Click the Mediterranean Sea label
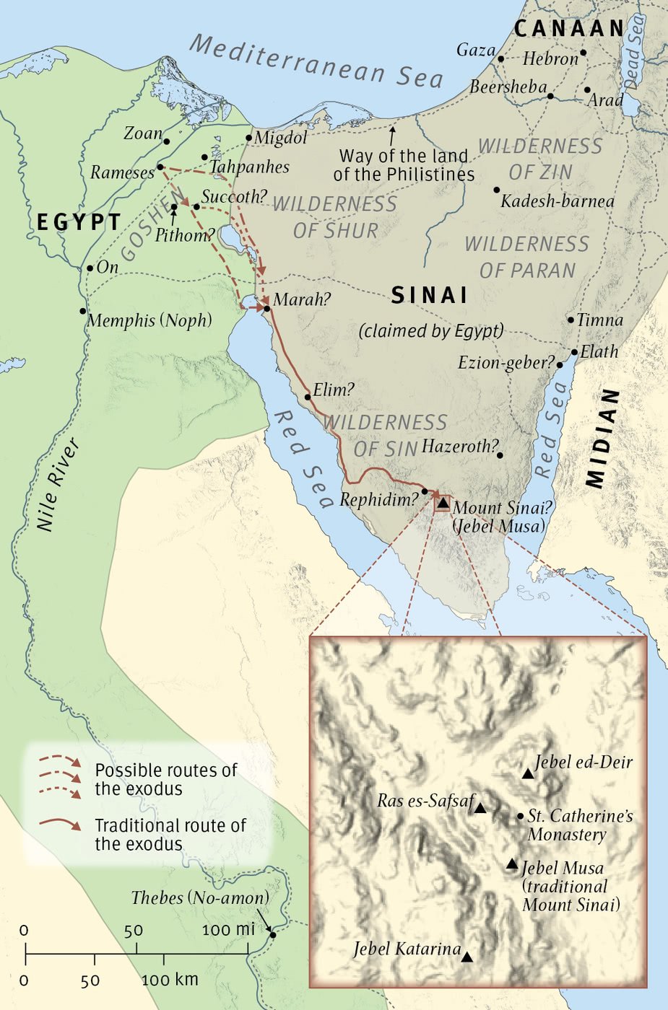316,62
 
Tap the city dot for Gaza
500,58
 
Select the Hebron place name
550,58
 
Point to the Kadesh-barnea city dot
497,190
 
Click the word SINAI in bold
429,295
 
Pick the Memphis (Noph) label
149,320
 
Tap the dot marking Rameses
160,167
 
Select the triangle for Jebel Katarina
467,957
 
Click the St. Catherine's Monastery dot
521,817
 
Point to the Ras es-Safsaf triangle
480,809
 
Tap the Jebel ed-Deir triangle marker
528,774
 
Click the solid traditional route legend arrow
61,824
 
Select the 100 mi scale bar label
228,929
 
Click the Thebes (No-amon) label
199,897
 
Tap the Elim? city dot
308,397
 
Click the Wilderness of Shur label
335,217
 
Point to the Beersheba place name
508,87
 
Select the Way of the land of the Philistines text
404,165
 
